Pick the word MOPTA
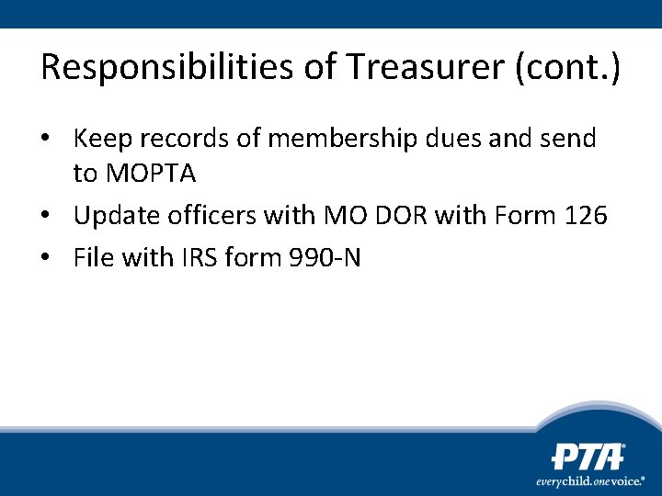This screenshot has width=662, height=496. (x=150, y=173)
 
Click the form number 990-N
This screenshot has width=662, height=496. (x=325, y=258)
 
